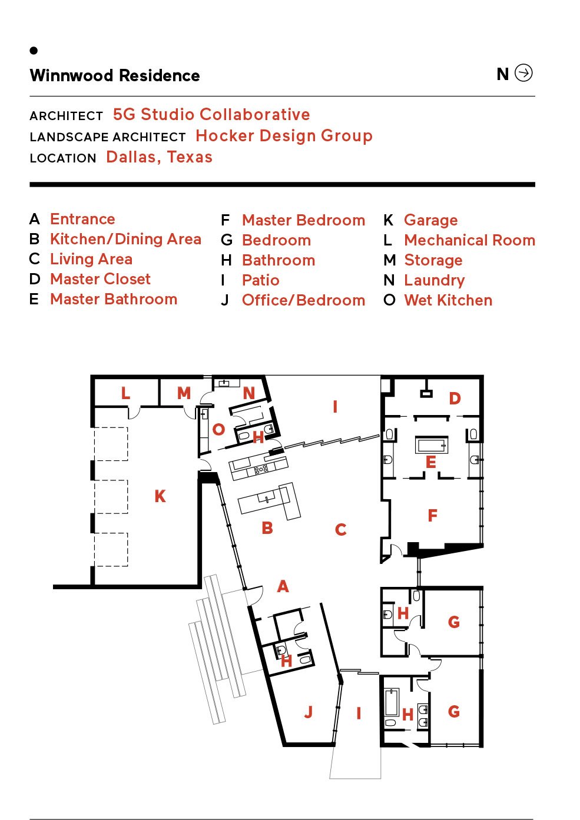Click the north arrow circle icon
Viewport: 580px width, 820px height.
coord(523,72)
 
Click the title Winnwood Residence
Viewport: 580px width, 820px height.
coord(115,75)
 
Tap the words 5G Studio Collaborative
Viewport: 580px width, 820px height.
coord(211,114)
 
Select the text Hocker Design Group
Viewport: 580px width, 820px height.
coord(284,136)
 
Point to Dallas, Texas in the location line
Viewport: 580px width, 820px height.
coord(160,157)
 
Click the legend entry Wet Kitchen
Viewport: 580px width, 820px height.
coord(448,300)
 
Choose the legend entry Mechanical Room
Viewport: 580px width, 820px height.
coord(470,240)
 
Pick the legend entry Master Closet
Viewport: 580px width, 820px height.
coord(100,279)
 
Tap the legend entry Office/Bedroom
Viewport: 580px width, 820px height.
coord(304,300)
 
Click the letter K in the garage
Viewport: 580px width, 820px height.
coord(160,496)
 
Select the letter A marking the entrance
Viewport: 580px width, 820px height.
coord(283,586)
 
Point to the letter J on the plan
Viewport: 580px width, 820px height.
coord(309,712)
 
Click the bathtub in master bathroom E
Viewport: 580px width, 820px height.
coord(432,445)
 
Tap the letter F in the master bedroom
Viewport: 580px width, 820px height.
coord(432,516)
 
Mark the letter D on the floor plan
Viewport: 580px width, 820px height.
coord(455,399)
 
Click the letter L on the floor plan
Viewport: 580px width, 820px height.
coord(125,393)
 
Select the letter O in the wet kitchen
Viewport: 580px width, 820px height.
coord(218,429)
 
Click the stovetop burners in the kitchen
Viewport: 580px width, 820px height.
coord(261,469)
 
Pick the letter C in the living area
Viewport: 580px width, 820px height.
coord(340,529)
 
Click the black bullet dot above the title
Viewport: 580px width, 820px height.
coord(34,51)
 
